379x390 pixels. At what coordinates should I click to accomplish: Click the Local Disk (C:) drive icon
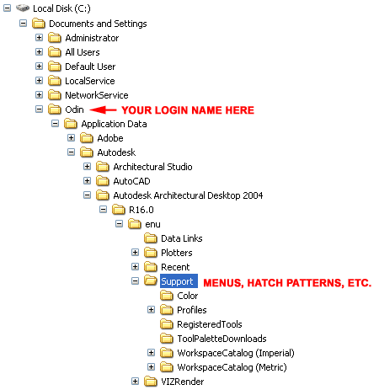coord(23,8)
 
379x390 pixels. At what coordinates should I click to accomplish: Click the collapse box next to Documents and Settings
coord(24,24)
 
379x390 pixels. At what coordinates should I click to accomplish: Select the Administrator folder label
coord(92,38)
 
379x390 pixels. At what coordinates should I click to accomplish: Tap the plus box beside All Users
coord(40,52)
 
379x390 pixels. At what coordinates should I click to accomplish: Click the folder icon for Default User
coord(55,67)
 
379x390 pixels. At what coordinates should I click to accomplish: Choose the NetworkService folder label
coord(97,95)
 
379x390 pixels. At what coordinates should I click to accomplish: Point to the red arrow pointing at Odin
coord(103,110)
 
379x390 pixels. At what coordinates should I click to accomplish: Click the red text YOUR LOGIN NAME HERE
coord(188,110)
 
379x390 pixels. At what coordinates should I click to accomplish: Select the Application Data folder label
coord(114,124)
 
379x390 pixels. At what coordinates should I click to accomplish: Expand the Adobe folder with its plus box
coord(72,138)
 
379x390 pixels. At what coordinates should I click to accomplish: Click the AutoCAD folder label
coord(131,181)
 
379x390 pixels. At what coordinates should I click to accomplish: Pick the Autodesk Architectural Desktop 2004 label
coord(188,195)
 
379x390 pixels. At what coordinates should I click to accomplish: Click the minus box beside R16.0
coord(104,210)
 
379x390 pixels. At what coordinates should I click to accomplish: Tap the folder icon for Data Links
coord(151,238)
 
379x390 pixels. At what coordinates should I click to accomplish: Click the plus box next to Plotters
coord(136,253)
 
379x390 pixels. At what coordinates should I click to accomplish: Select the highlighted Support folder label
coord(179,281)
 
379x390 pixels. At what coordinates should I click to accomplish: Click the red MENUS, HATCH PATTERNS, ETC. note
coord(287,283)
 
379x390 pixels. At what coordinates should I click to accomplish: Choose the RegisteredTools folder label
coord(210,324)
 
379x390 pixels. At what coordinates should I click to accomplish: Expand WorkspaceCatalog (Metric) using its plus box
coord(152,366)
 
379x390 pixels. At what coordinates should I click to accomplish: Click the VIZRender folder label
coord(183,382)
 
